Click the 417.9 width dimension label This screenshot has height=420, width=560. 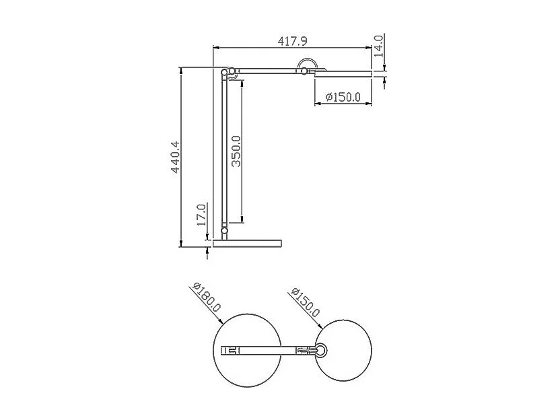coord(293,41)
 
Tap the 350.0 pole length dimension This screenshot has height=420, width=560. coord(236,151)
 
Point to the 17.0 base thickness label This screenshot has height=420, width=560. coord(201,216)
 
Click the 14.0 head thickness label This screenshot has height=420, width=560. coord(378,44)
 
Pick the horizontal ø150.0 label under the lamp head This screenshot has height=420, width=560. coord(343,98)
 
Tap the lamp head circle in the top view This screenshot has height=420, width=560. coord(345,350)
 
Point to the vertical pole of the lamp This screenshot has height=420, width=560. coord(224,155)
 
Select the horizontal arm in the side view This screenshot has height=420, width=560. coord(269,70)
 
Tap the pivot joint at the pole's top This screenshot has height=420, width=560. coord(228,72)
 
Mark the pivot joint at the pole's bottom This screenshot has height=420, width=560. coord(224,232)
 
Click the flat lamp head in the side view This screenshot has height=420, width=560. coord(343,73)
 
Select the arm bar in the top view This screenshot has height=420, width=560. coord(269,350)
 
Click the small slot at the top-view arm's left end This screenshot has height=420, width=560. coord(231,350)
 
